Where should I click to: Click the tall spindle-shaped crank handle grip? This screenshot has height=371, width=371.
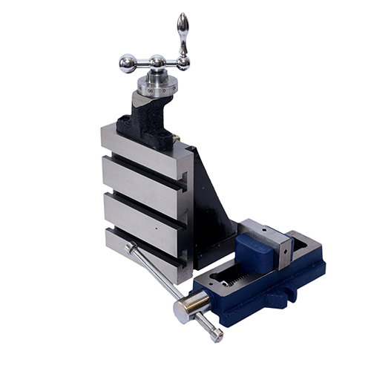[x=181, y=31]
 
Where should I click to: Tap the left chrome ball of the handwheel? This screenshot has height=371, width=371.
[x=128, y=63]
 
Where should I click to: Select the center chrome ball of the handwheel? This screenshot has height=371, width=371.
[x=157, y=62]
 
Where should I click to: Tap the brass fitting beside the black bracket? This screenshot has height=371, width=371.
[x=177, y=137]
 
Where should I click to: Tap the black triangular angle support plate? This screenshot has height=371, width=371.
[x=211, y=200]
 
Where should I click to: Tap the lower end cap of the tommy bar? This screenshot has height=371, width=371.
[x=215, y=335]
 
